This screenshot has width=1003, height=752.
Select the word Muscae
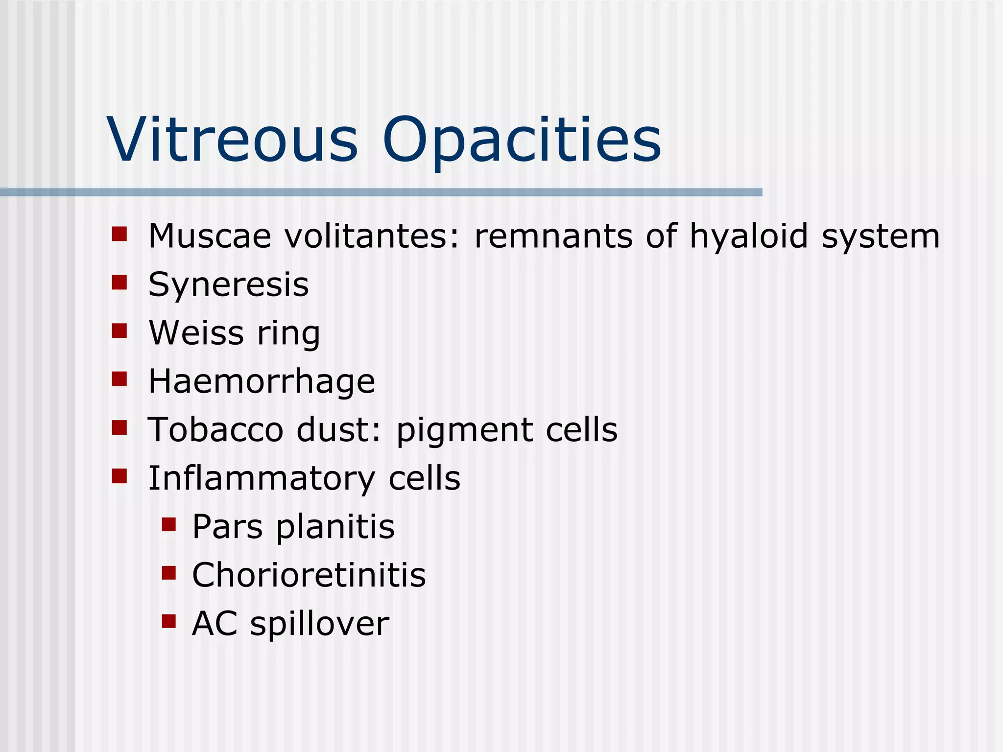[210, 236]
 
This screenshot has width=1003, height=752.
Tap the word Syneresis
[228, 284]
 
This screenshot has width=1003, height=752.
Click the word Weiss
[196, 333]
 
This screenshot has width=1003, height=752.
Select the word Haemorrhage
[262, 381]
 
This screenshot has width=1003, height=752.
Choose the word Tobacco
[215, 429]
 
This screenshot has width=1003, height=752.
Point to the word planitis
[335, 527]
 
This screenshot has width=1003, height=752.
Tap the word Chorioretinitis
[309, 575]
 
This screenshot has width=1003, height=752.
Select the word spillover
[320, 624]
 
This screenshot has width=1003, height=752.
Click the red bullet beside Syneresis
[119, 282]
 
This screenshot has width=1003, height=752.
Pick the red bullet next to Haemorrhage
[119, 379]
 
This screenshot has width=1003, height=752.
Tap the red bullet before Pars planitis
[168, 525]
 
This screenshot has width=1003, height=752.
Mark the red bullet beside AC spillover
[168, 621]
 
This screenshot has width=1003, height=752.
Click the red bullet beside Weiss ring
[119, 331]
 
